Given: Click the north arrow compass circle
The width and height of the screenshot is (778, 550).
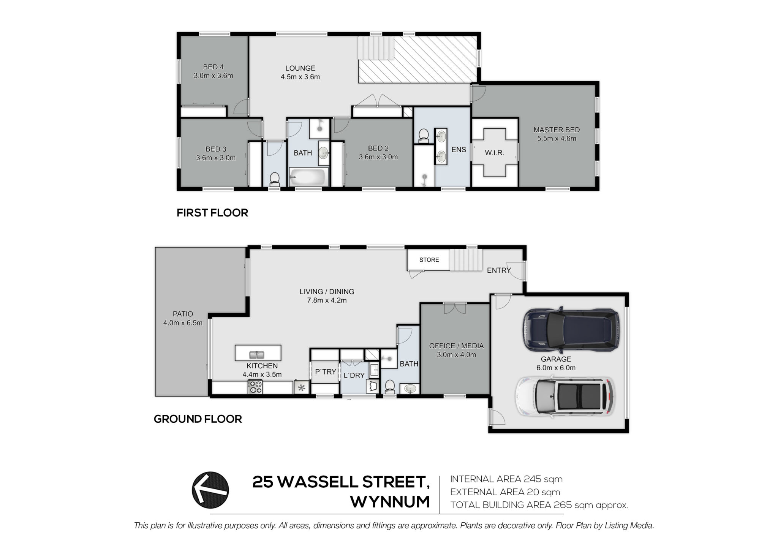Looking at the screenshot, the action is pos(210,490).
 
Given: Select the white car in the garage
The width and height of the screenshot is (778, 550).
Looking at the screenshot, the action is pos(565,396).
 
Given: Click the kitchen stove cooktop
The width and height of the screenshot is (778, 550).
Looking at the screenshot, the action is pos(255,387).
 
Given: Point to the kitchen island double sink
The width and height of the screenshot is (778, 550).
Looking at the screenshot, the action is pos(257,355).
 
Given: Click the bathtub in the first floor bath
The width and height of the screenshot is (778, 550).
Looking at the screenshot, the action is pos(308,177).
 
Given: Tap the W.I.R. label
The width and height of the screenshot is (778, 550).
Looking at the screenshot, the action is pos(495,153).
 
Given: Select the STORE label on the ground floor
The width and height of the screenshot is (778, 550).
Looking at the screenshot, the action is pos(429,260).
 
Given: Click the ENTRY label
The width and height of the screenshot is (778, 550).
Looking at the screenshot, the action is pos(499,270).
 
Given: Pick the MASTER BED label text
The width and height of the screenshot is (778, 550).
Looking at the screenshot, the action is pos(557,130).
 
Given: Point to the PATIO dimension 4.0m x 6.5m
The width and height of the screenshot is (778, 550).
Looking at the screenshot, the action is pos(183,323).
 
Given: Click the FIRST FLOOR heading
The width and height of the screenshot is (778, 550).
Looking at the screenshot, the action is pos(212,213).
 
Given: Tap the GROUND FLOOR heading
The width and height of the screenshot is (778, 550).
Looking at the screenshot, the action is pos(198,419).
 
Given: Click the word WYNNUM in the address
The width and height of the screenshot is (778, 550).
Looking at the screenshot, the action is pos(390,502).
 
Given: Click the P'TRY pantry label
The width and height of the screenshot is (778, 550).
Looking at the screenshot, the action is pos(326,372).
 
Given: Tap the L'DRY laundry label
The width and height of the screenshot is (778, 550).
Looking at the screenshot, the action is pos(354,375).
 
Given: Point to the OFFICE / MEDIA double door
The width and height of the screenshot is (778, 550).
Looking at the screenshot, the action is pos(455,308).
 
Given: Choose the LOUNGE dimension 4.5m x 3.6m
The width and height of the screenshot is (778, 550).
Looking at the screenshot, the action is pos(300,77).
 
